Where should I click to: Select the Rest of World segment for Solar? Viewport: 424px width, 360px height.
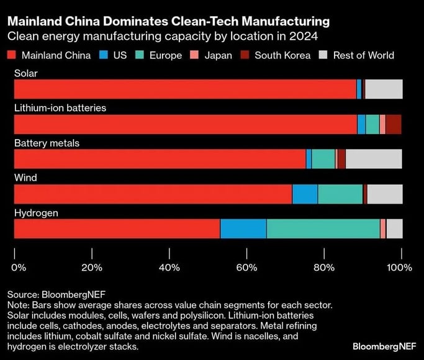pyautogui.click(x=384, y=89)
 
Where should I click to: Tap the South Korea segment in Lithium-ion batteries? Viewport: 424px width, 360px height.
pyautogui.click(x=393, y=124)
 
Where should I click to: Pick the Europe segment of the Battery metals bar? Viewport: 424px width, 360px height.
pyautogui.click(x=323, y=159)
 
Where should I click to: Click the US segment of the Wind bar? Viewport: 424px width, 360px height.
pyautogui.click(x=305, y=194)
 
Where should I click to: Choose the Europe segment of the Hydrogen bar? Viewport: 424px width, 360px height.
pyautogui.click(x=323, y=229)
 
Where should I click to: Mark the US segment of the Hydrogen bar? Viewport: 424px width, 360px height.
pyautogui.click(x=243, y=229)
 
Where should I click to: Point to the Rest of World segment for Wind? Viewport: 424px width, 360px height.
pyautogui.click(x=384, y=194)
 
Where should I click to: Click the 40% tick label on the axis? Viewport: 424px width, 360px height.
pyautogui.click(x=169, y=268)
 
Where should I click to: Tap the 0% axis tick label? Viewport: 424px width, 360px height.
pyautogui.click(x=18, y=268)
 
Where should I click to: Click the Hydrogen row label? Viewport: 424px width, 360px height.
pyautogui.click(x=36, y=213)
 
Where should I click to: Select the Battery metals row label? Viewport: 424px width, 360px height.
pyautogui.click(x=47, y=143)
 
